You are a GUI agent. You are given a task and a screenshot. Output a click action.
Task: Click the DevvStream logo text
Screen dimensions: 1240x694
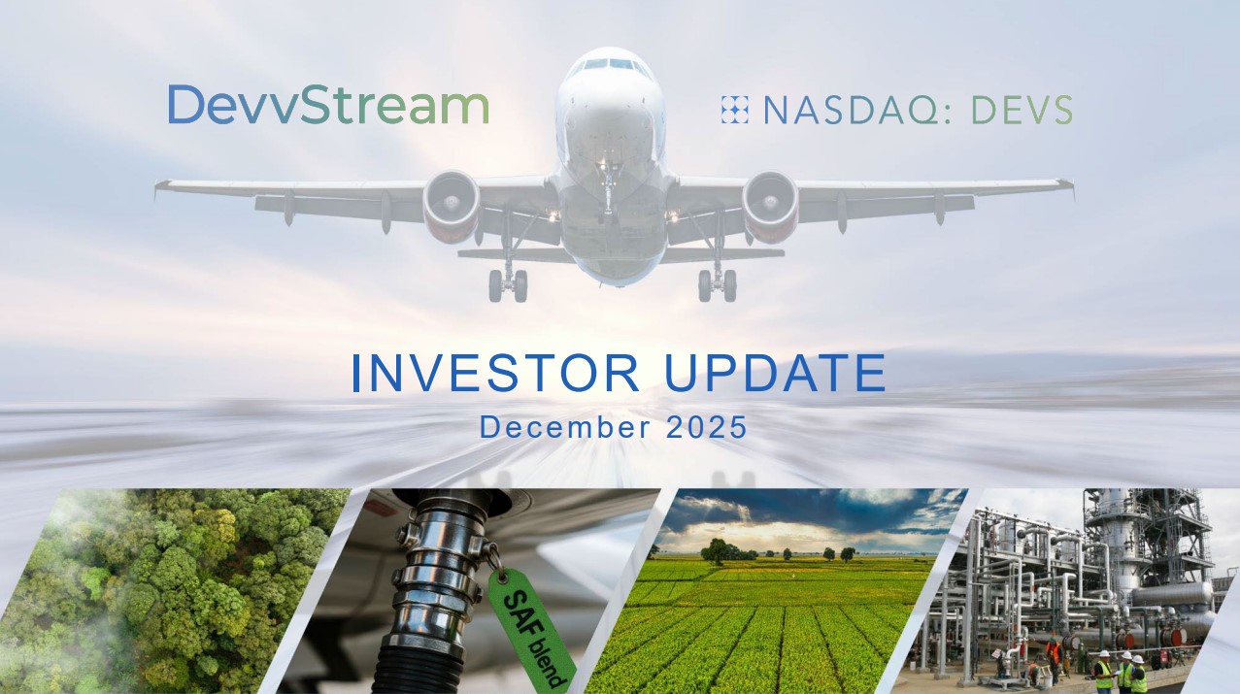click(x=328, y=105)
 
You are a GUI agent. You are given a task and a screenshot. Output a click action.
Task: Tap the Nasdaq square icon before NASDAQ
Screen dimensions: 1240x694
click(x=735, y=110)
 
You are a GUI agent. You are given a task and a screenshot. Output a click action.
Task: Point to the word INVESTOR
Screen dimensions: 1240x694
click(x=496, y=373)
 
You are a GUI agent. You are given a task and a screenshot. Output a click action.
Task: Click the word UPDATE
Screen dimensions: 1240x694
click(x=775, y=373)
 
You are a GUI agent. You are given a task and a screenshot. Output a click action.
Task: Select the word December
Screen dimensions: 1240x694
click(x=565, y=427)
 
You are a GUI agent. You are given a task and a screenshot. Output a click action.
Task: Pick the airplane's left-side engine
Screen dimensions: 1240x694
click(x=452, y=206)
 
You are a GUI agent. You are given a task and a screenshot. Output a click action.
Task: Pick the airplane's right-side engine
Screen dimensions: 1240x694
click(x=770, y=206)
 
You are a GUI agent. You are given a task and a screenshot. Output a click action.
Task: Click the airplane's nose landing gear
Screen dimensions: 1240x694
click(x=608, y=188)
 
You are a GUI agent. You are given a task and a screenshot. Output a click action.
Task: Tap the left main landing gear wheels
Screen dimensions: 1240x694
click(x=508, y=285)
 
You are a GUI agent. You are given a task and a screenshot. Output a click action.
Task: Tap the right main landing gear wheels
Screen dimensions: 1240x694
click(x=718, y=285)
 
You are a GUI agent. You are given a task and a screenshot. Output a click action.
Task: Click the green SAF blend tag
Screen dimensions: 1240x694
click(x=531, y=629)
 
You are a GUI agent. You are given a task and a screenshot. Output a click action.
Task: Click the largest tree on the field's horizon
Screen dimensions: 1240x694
click(x=717, y=551)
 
